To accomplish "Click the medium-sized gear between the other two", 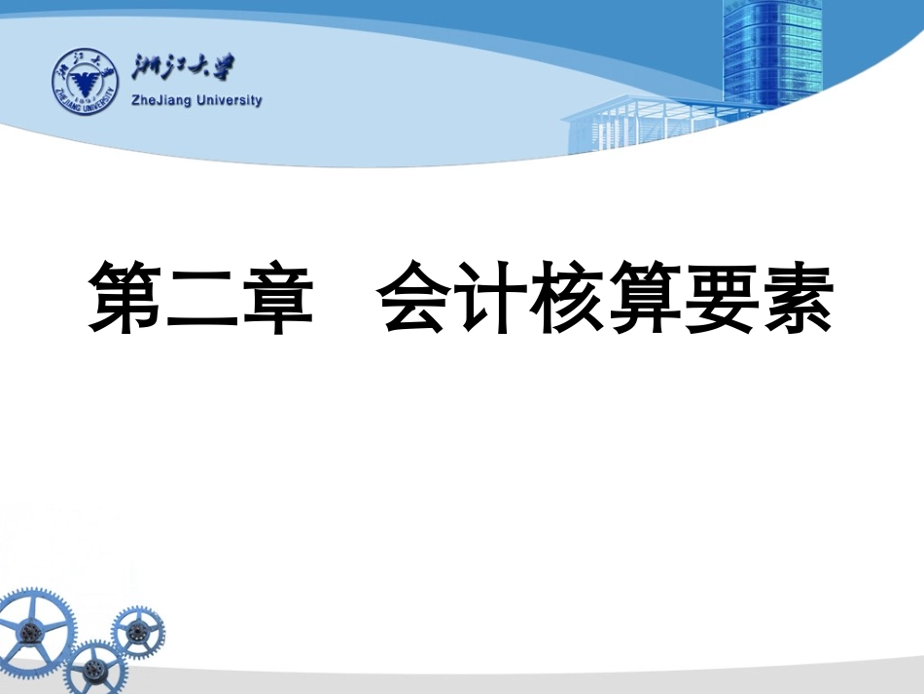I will pyautogui.click(x=94, y=669).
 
